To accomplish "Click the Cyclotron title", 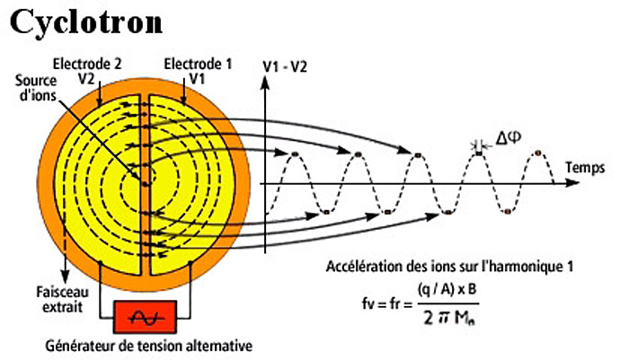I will (x=86, y=21).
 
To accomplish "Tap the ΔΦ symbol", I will (x=508, y=139).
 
